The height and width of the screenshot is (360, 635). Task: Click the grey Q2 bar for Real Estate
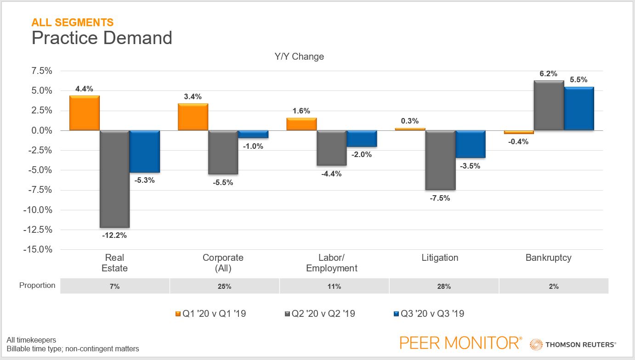114,179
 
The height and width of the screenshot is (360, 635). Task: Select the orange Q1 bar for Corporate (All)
193,117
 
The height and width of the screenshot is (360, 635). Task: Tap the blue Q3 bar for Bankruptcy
578,109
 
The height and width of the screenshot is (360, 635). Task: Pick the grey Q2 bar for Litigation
440,160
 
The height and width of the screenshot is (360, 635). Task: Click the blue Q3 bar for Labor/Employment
362,139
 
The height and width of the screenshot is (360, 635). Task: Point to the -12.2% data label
114,236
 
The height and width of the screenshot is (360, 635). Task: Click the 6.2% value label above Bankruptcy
548,73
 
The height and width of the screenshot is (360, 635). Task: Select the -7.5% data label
440,198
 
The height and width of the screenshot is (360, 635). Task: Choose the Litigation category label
440,258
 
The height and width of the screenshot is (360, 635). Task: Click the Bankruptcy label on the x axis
548,258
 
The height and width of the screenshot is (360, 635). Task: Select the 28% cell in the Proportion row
444,286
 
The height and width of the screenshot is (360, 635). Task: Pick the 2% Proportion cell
553,286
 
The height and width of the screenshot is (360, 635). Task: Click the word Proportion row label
37,286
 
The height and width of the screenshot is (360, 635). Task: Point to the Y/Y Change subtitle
299,56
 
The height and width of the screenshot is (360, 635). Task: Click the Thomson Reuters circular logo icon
536,344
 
